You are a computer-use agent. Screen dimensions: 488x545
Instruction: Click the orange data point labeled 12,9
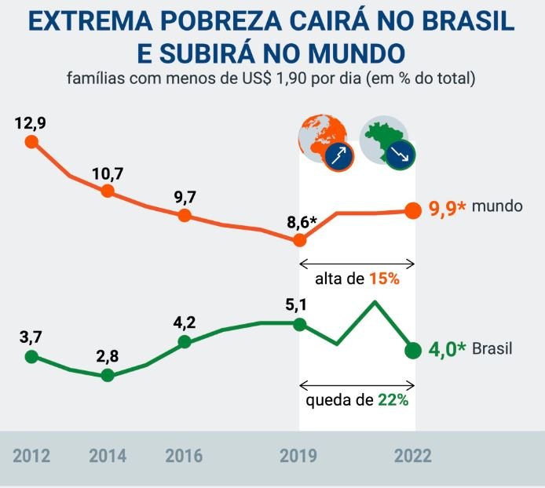pos(31,142)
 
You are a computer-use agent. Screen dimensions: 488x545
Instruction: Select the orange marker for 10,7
pos(108,191)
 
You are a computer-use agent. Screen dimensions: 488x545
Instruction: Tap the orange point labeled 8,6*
pos(299,240)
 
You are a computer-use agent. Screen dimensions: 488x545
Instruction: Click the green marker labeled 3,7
pos(31,356)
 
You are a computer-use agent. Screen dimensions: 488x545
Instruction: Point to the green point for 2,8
pos(108,375)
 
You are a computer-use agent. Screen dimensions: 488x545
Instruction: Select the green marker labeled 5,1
pos(299,323)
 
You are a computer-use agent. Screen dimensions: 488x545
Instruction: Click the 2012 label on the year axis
pos(31,456)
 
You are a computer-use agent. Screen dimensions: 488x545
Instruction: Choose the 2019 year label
pos(299,456)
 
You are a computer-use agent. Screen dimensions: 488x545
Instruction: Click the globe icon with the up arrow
pos(326,143)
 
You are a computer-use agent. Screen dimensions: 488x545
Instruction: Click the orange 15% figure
pos(386,279)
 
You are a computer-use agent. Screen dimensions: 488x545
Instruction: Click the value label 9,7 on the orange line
pos(185,195)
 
